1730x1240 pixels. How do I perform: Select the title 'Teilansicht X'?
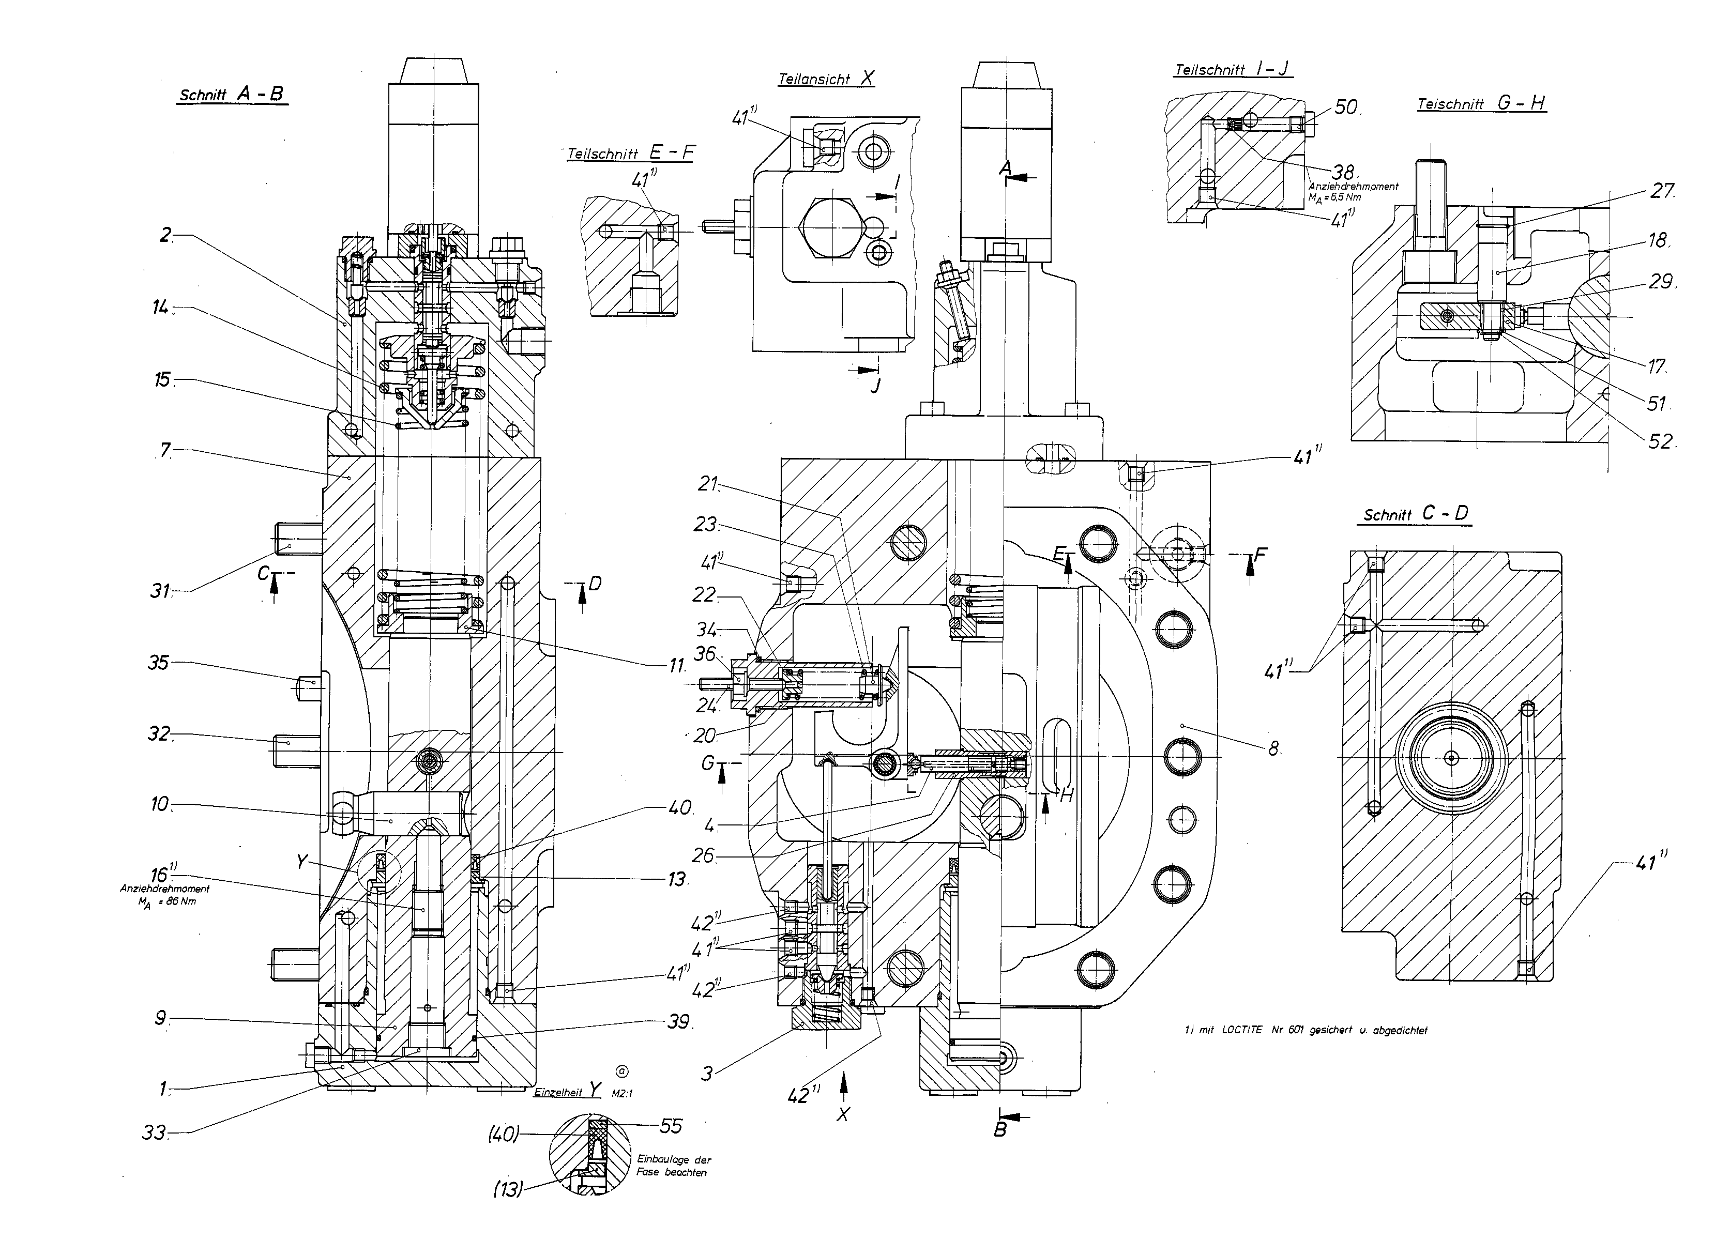[826, 78]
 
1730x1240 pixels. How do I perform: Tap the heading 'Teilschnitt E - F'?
[631, 152]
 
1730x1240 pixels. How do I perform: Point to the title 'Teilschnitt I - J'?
[1233, 69]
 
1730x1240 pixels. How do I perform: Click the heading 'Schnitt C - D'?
[1416, 514]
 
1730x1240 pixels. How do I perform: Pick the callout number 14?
[161, 308]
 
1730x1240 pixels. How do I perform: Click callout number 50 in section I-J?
[1346, 108]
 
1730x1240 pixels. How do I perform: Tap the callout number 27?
[1661, 191]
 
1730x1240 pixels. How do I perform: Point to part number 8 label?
[1273, 749]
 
